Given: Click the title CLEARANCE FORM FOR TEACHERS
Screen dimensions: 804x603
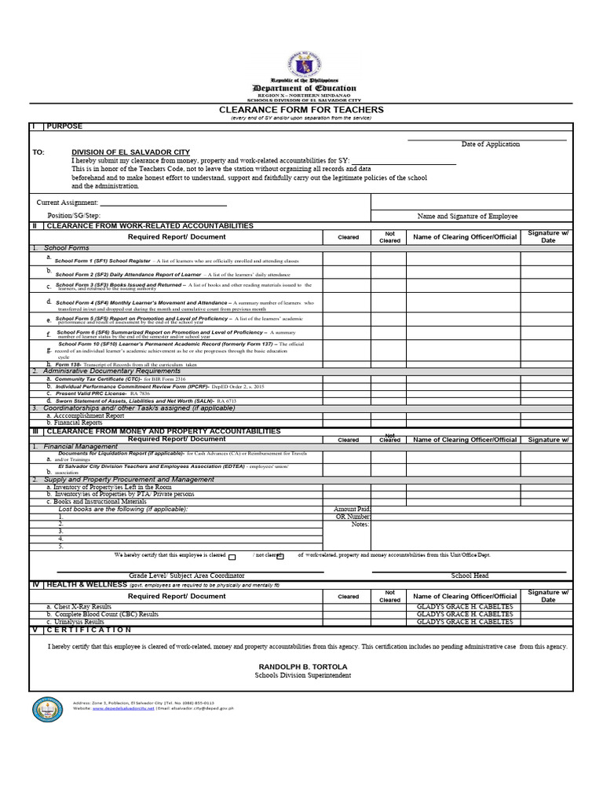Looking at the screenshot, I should point(301,110).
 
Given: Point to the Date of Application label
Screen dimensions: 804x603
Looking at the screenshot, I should point(490,144).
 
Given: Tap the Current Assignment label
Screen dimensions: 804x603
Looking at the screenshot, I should point(67,203).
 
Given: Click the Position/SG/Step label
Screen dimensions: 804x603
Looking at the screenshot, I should point(74,215).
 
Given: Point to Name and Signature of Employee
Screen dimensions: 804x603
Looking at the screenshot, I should point(466,216).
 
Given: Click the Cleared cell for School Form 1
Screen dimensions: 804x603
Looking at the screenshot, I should point(347,259).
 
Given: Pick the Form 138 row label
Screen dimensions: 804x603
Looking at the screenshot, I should point(71,364).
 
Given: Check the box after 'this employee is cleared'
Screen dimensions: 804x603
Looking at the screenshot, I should point(232,557).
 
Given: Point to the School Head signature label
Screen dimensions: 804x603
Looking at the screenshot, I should point(470,576).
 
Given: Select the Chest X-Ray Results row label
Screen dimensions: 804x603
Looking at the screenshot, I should point(83,607).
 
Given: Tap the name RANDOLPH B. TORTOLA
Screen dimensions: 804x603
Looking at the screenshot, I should point(302,666).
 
